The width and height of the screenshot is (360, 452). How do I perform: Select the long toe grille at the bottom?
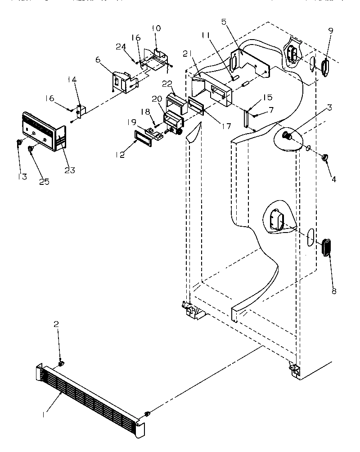click(90, 400)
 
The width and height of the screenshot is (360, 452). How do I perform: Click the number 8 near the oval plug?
click(333, 291)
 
